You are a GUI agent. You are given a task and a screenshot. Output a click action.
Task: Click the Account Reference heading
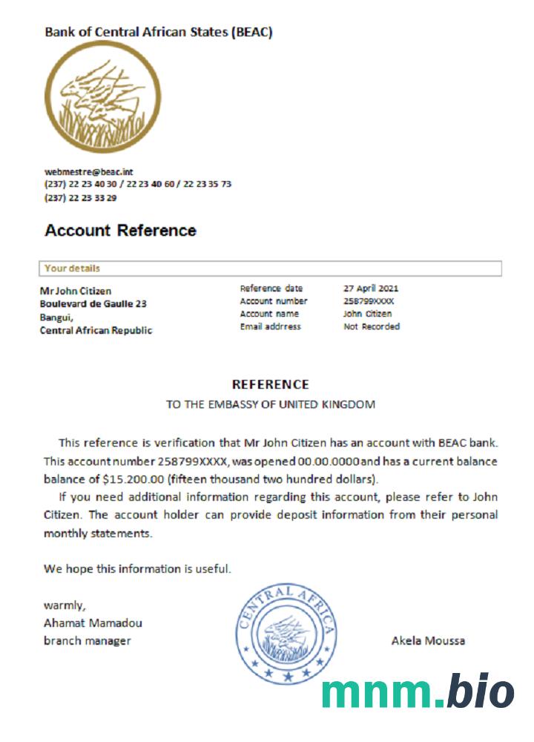(120, 230)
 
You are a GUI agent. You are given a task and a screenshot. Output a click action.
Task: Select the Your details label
(72, 268)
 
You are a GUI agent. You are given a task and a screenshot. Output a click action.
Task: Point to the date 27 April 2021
(372, 289)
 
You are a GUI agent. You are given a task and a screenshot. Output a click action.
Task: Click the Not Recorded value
(371, 326)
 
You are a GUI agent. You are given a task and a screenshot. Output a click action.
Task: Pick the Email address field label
(271, 326)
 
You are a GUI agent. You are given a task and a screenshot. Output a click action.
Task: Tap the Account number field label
(273, 301)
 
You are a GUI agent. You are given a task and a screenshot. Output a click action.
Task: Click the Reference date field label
(271, 289)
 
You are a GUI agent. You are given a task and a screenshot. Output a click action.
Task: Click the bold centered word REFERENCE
(270, 384)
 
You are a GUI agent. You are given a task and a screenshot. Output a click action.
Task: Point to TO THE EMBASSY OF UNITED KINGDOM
(270, 404)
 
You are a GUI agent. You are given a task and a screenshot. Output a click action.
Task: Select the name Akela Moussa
(428, 640)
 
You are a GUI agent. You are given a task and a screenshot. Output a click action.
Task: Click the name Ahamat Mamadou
(93, 623)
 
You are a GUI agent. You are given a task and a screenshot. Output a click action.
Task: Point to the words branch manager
(87, 640)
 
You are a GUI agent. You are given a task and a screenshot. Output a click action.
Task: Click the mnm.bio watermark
(418, 692)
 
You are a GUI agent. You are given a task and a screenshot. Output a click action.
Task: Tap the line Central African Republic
(96, 331)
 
